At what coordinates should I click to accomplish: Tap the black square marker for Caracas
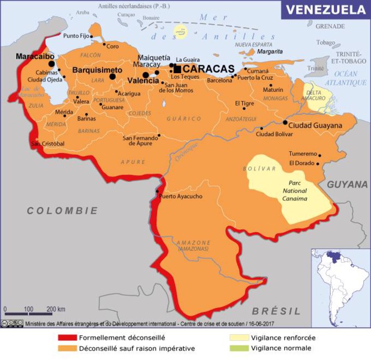pos(177,69)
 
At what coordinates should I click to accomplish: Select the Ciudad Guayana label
pos(315,125)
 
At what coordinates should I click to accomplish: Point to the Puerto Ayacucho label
pos(181,196)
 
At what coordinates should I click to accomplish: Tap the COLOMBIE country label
pos(62,211)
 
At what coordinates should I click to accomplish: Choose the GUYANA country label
pos(347,184)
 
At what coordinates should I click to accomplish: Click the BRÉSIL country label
pos(276,311)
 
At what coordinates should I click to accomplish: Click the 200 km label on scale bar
pos(56,309)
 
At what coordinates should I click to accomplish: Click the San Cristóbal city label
pos(48,143)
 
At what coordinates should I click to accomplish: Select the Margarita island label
pos(270,52)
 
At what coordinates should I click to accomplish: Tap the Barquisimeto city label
pos(97,70)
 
